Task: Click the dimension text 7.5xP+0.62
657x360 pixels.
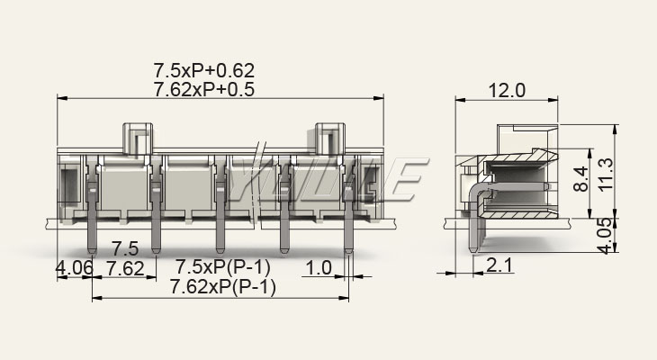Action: pos(204,70)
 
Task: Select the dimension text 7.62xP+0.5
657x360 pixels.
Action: pos(204,89)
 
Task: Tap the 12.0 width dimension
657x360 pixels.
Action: pos(506,90)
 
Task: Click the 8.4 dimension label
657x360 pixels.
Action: pos(580,178)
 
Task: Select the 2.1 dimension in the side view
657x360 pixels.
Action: pos(499,265)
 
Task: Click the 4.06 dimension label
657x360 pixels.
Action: pos(75,268)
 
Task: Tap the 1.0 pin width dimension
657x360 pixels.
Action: pos(319,268)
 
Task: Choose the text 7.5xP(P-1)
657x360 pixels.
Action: pos(222,266)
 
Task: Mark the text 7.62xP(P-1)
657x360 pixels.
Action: pos(222,287)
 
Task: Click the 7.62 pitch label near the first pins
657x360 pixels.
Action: pos(125,268)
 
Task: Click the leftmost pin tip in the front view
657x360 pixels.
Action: pos(92,251)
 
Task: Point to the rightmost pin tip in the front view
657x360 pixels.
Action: pos(348,251)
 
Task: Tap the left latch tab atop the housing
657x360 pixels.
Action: pos(138,139)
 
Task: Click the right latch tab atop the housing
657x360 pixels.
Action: pos(329,139)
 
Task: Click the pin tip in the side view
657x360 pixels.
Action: pos(472,250)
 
